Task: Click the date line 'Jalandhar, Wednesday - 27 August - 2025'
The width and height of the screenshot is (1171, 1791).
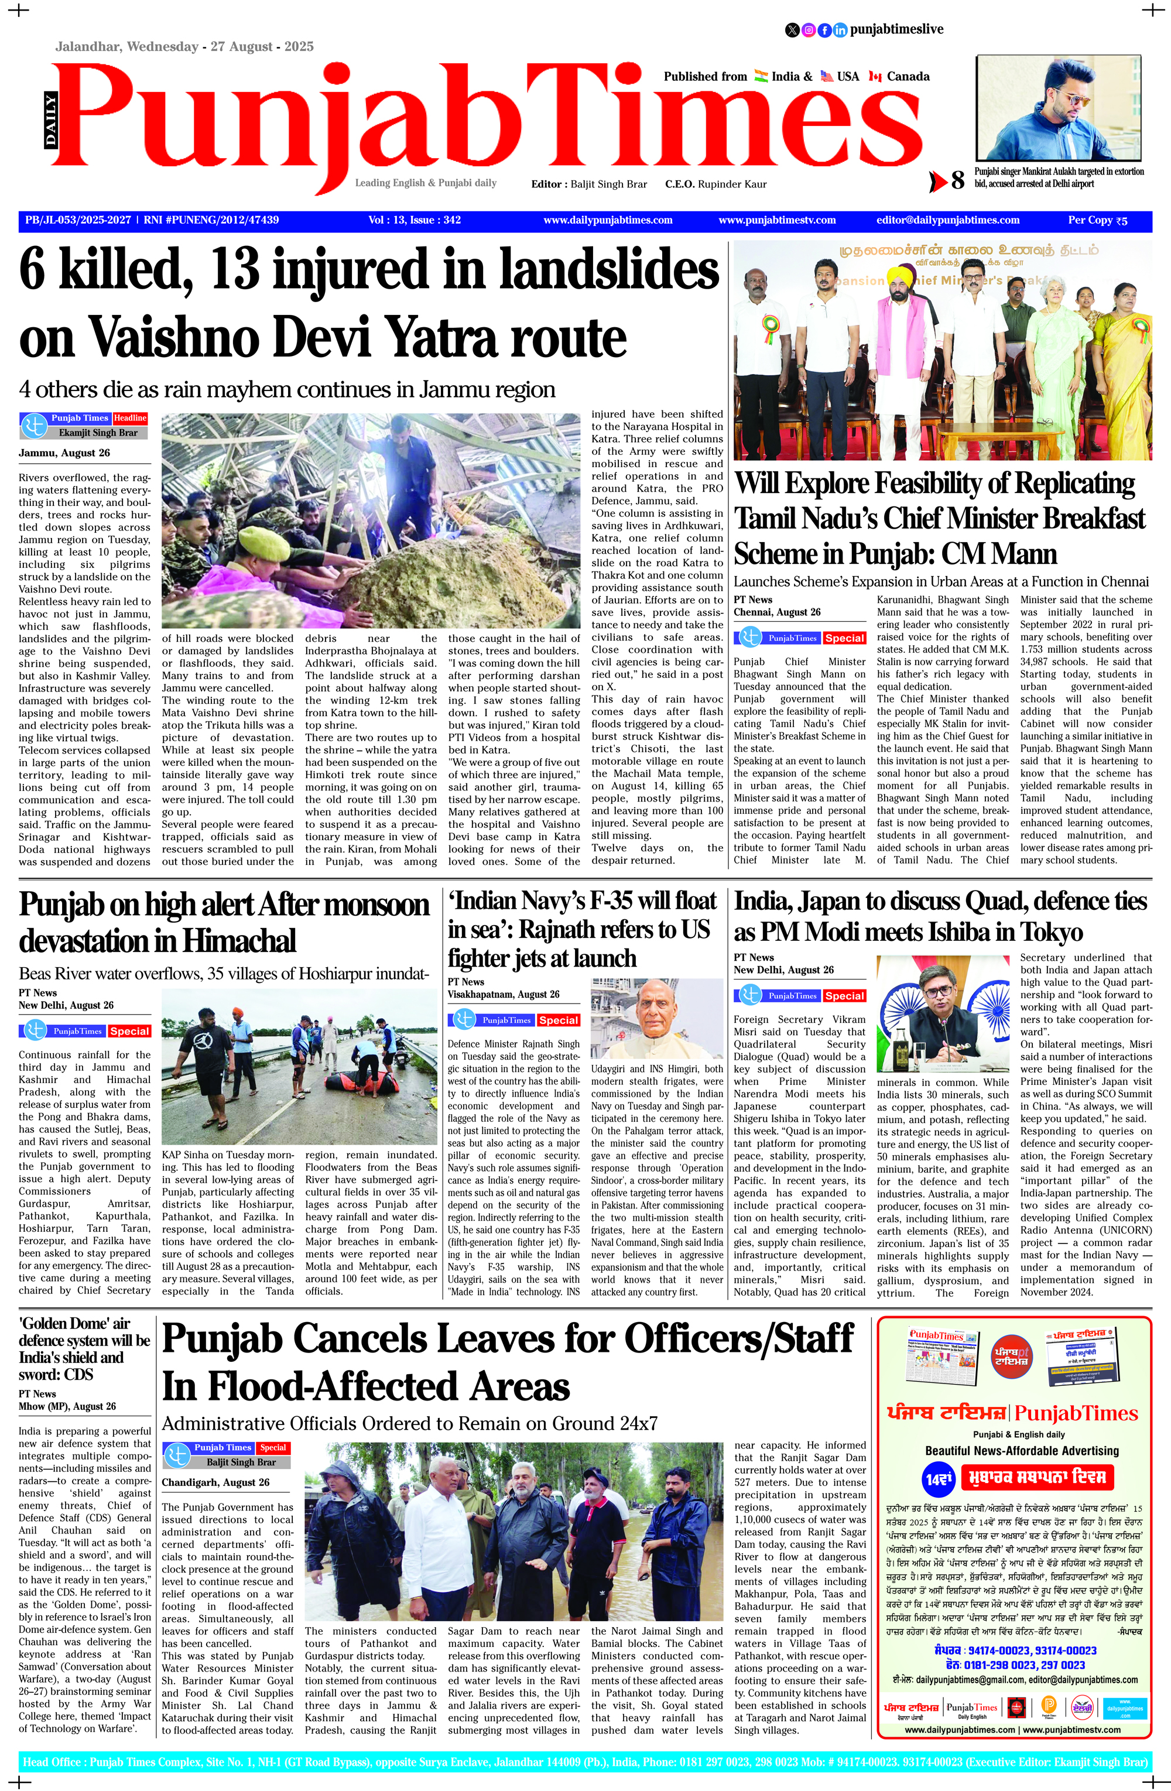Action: pos(184,47)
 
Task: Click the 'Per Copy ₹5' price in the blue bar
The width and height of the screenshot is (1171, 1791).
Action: pos(1097,221)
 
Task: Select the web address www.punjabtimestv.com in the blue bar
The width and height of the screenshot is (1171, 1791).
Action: pos(776,221)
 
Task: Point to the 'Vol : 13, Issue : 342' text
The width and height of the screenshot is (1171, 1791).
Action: pos(415,221)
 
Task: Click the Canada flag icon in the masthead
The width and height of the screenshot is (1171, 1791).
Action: pos(875,77)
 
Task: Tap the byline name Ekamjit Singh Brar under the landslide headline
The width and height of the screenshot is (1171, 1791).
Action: pos(98,433)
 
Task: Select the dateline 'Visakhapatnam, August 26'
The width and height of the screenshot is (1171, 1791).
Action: pos(504,994)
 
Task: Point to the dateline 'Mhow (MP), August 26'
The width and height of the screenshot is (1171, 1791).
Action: pos(67,1406)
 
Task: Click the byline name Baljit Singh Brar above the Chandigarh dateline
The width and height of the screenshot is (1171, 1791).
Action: pos(241,1462)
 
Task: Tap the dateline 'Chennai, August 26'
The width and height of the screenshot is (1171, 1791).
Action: pos(776,612)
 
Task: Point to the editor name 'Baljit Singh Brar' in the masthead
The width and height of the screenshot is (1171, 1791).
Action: pos(608,184)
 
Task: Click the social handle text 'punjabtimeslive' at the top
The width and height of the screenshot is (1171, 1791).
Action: pos(896,29)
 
